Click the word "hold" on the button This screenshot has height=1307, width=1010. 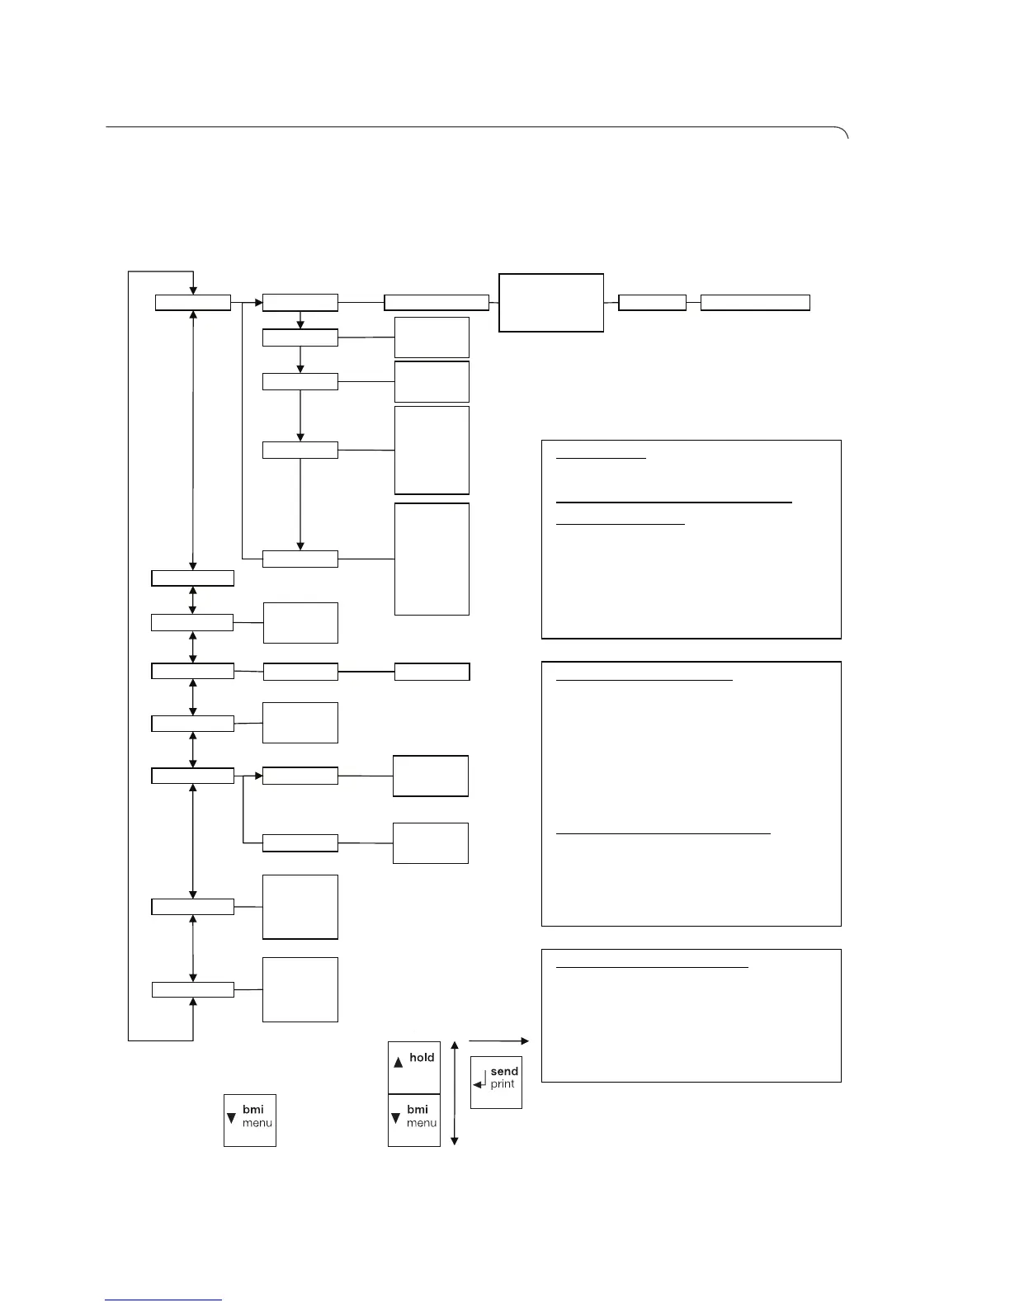click(422, 1058)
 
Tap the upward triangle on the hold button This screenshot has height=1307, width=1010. click(399, 1063)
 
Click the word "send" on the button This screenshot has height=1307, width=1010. click(504, 1072)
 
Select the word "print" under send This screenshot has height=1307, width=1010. click(503, 1084)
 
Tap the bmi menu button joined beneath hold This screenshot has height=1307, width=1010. click(414, 1120)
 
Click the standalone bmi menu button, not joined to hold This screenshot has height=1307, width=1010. click(250, 1120)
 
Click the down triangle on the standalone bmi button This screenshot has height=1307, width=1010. click(231, 1118)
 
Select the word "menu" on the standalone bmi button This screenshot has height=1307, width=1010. click(257, 1123)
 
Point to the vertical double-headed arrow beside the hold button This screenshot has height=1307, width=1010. click(455, 1092)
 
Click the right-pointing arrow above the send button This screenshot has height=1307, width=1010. click(498, 1041)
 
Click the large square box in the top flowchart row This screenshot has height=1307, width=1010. click(551, 303)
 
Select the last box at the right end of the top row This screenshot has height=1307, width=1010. click(755, 303)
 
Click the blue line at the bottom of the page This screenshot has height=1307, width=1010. click(163, 1300)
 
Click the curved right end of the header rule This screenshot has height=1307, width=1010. click(843, 133)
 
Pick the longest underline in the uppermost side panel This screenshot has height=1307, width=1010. click(674, 502)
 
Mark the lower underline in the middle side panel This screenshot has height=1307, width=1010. click(663, 834)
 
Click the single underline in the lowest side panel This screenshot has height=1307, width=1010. click(652, 967)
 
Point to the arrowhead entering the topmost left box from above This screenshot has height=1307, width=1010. click(192, 289)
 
